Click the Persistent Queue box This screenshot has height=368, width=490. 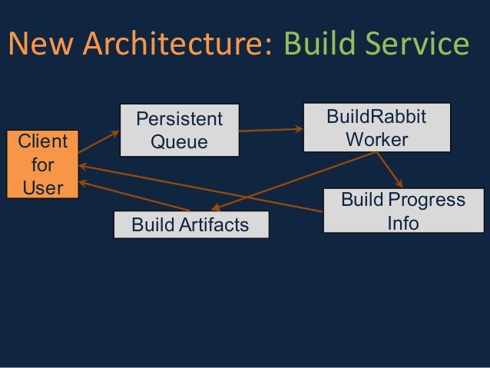[179, 131]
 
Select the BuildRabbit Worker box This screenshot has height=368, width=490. [376, 127]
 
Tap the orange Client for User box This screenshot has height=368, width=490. [42, 164]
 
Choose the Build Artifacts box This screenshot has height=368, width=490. [190, 225]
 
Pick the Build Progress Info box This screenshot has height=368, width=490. [403, 211]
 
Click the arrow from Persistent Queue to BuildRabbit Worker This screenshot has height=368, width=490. [270, 130]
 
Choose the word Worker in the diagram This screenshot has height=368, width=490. [376, 140]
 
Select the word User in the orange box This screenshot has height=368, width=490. [42, 187]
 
